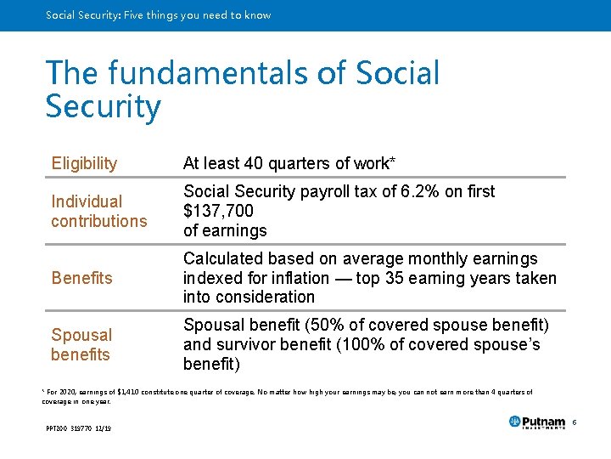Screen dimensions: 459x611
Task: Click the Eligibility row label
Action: tap(84, 163)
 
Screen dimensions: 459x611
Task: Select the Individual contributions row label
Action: tap(98, 212)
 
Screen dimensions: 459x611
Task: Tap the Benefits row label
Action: tap(81, 278)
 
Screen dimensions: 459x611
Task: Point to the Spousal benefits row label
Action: tap(81, 344)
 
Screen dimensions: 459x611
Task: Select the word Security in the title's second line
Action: tap(103, 108)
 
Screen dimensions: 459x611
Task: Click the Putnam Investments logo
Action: tap(536, 422)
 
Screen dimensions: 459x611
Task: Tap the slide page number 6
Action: tap(574, 422)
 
